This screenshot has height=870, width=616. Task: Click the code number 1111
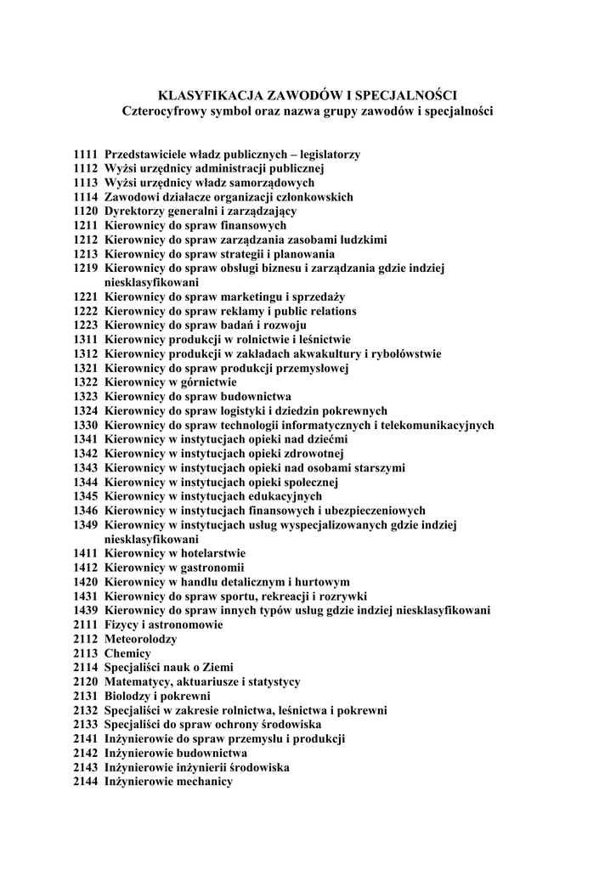point(86,155)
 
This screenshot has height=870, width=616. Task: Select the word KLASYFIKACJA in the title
point(211,95)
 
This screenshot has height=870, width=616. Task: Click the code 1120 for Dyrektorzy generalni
point(86,212)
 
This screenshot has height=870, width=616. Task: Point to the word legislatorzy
point(325,155)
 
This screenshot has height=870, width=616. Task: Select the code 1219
point(86,268)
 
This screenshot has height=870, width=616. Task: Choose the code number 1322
point(86,382)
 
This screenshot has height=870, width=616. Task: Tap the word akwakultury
point(325,354)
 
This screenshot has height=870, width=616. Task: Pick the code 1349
point(86,525)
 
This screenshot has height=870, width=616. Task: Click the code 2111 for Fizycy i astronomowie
point(86,624)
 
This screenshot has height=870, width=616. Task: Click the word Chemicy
point(127,653)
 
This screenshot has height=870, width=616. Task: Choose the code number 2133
point(86,724)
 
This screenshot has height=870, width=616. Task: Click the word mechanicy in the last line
point(205,781)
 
